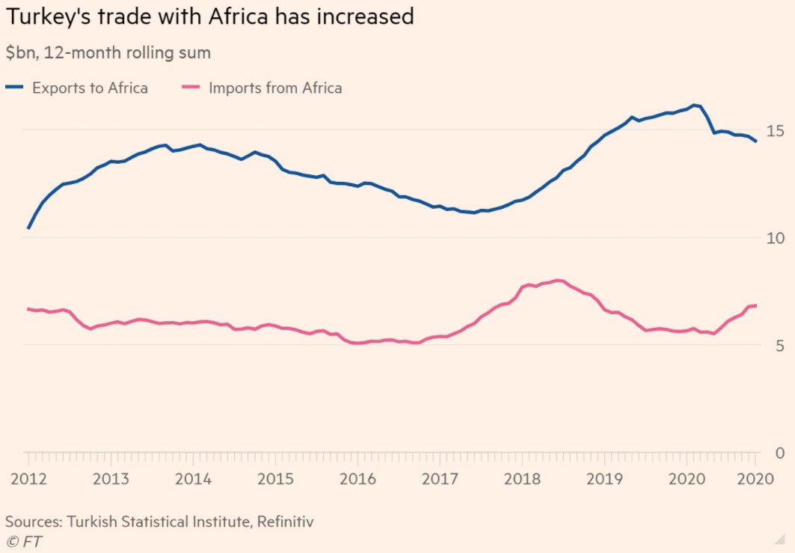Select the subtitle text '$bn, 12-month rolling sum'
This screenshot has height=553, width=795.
(108, 53)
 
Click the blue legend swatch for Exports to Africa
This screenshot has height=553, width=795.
(14, 88)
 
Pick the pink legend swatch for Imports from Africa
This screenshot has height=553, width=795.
(191, 88)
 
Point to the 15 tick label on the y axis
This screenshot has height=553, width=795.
(776, 131)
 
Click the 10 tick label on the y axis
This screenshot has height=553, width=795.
(776, 238)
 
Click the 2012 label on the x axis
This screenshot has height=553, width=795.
(28, 479)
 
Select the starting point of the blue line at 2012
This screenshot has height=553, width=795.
(28, 228)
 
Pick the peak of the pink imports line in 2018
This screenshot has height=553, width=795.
(558, 281)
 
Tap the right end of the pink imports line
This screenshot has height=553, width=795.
(756, 305)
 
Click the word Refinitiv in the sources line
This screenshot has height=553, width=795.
(285, 522)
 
